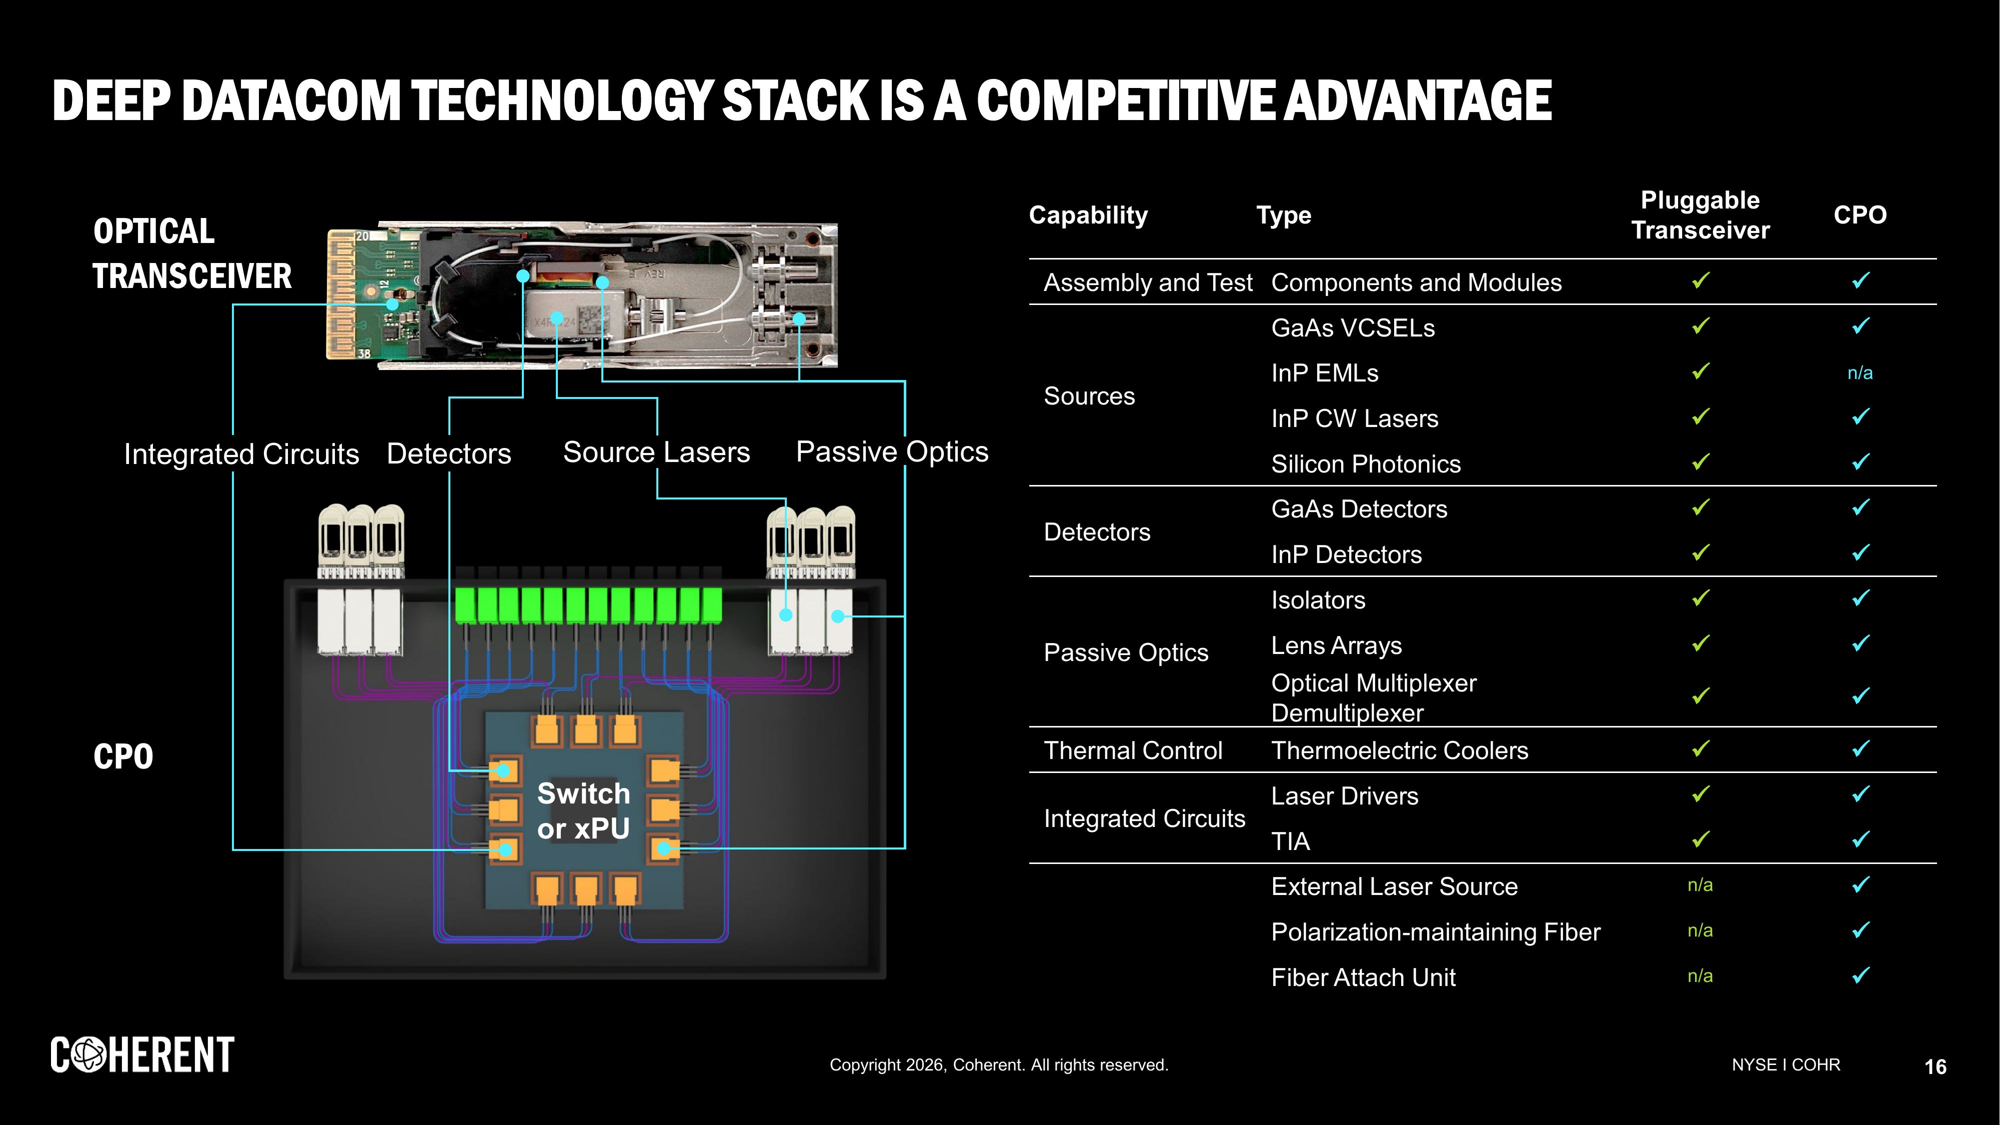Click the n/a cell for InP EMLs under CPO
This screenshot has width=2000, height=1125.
1860,373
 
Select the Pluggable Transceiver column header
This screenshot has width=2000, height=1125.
1700,215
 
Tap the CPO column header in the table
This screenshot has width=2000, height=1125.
1860,215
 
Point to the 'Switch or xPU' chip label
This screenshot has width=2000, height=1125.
583,810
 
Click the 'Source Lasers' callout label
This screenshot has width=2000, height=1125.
656,452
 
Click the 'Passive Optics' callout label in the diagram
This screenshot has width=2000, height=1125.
892,452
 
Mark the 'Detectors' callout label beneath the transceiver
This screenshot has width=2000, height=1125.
449,453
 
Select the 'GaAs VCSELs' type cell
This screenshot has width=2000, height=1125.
1353,327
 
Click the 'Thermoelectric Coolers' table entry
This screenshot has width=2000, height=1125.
1399,751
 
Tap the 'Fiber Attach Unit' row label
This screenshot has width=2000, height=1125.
1363,977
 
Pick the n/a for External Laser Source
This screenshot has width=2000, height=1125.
1700,885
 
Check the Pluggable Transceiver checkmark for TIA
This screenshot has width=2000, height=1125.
1700,839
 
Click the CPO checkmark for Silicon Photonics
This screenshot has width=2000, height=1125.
1860,462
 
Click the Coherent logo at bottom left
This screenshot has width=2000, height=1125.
142,1055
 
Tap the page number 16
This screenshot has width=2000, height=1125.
1935,1067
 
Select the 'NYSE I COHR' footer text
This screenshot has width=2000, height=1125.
1785,1064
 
